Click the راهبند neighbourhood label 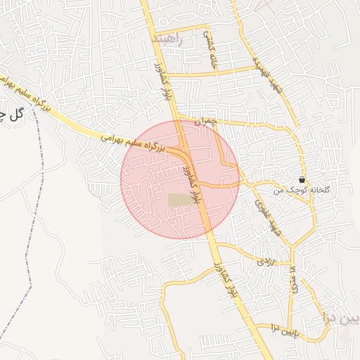pyautogui.click(x=167, y=39)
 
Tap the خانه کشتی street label pyautogui.click(x=210, y=49)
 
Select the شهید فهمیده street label pyautogui.click(x=271, y=77)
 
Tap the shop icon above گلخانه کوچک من pyautogui.click(x=302, y=179)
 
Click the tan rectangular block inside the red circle pyautogui.click(x=180, y=200)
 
